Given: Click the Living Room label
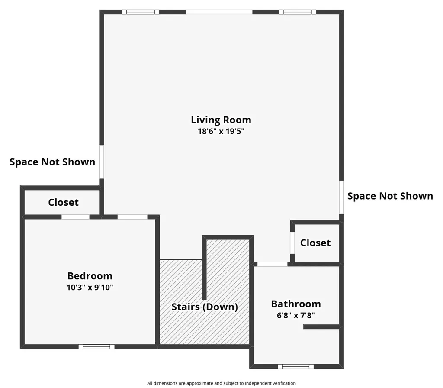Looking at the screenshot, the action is coord(221,120).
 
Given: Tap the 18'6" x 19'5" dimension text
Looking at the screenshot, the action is coord(221,131).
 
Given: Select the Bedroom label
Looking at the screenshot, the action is coord(90,276).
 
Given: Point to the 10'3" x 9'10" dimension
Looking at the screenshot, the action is coord(90,288).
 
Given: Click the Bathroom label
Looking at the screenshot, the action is coord(296,304).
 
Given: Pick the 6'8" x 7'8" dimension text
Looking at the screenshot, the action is coord(296,315).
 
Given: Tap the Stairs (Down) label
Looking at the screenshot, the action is coord(205,307).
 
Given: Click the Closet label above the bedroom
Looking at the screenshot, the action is coord(63,202).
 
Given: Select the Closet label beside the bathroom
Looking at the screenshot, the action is coord(315,242).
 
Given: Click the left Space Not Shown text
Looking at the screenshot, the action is coord(52,162).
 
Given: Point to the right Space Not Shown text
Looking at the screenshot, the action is coord(390,196).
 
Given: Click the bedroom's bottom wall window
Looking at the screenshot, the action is coord(96,346).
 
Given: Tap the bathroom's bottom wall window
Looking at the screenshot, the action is coord(296,366).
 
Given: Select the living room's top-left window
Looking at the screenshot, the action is coord(141,12).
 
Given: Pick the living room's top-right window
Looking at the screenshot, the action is coord(298,12).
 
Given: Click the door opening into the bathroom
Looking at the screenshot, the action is coord(273,264).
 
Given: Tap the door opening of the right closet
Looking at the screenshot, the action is coord(292,243).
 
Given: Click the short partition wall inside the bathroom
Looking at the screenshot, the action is coord(322,327).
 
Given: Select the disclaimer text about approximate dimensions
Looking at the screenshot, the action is coord(221,383).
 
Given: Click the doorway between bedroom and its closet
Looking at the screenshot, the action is coord(75,217).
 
